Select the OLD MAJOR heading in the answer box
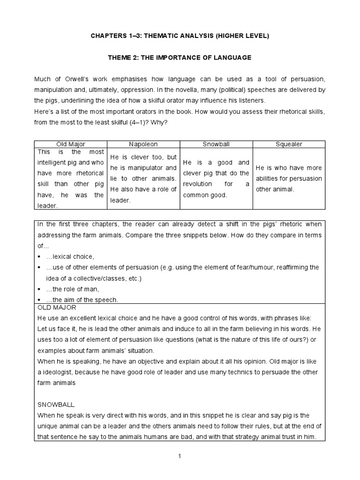click(x=56, y=307)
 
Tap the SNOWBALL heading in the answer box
click(x=56, y=404)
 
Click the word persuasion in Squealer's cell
click(x=305, y=179)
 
